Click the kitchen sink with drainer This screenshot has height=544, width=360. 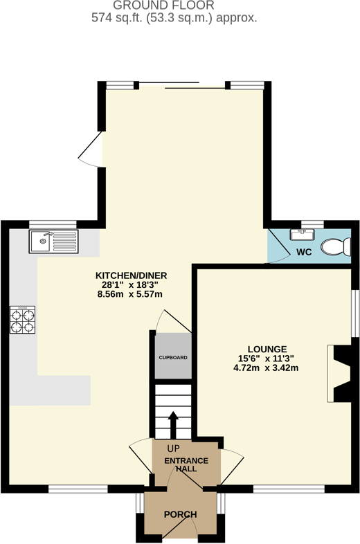point(54,242)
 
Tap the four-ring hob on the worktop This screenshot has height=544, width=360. point(21,320)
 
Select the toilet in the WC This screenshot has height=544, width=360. point(339,246)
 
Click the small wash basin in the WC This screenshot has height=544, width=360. point(303,233)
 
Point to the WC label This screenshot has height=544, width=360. point(304,251)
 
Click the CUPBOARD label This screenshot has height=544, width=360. point(173,358)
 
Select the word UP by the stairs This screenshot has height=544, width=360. point(164,448)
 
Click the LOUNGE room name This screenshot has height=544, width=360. point(266,348)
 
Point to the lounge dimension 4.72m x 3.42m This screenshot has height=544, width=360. point(266,368)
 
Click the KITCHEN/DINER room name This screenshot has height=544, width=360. point(132,275)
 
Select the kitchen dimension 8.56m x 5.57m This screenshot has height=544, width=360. point(132,294)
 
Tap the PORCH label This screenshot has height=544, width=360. point(180,515)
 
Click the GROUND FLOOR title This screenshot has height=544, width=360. point(174,6)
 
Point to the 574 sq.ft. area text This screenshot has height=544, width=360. point(174,19)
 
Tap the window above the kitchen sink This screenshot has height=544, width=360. point(53,223)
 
